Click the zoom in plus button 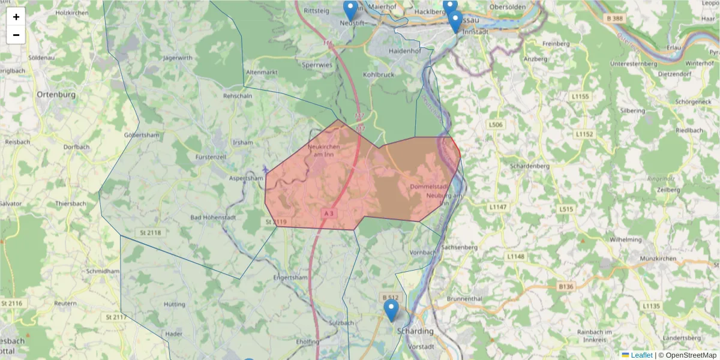(x=16, y=17)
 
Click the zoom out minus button (x=16, y=35)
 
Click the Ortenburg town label (x=56, y=95)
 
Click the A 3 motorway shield (x=329, y=213)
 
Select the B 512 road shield (x=390, y=297)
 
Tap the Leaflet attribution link (x=641, y=355)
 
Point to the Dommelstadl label (x=430, y=187)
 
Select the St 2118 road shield (x=151, y=232)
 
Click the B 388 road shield (x=615, y=19)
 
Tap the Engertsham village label (x=290, y=278)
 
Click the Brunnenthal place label (x=464, y=298)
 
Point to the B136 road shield (x=566, y=287)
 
